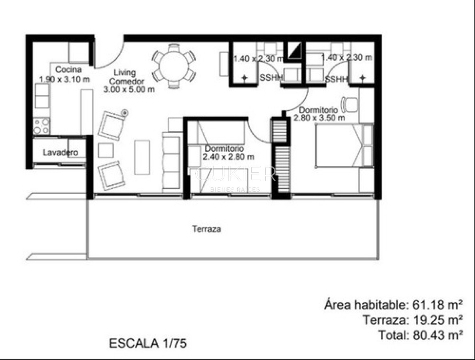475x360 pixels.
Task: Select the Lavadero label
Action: pyautogui.click(x=60, y=152)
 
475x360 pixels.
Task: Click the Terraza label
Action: pyautogui.click(x=206, y=230)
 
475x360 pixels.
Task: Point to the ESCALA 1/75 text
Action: pyautogui.click(x=148, y=343)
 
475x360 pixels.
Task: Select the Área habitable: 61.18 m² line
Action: pyautogui.click(x=393, y=305)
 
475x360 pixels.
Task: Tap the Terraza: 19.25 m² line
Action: pyautogui.click(x=413, y=320)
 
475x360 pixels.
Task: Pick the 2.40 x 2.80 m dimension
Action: pyautogui.click(x=228, y=156)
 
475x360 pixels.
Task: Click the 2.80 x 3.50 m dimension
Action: pyautogui.click(x=319, y=118)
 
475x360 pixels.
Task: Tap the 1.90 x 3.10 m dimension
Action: pyautogui.click(x=64, y=79)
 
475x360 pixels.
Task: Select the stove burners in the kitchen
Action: pyautogui.click(x=42, y=126)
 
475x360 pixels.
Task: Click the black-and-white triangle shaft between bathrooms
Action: pyautogui.click(x=294, y=51)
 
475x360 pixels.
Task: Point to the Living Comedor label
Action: pyautogui.click(x=124, y=77)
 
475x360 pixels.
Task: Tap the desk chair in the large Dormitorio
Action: pyautogui.click(x=350, y=104)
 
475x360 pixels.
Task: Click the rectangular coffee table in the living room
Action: pyautogui.click(x=142, y=157)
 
